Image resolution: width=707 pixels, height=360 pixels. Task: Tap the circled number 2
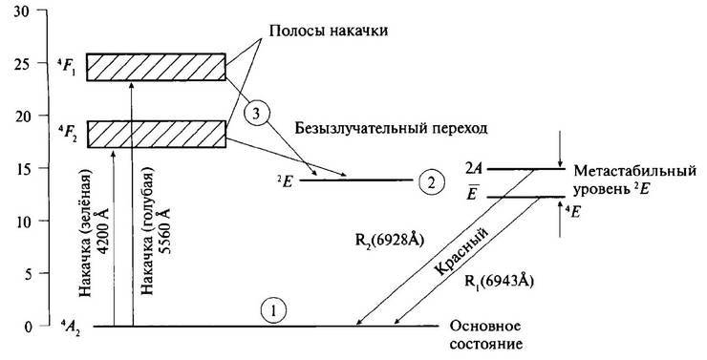(430, 180)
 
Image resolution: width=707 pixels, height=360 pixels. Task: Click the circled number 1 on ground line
(273, 311)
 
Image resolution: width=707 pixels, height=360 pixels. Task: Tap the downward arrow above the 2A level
(561, 153)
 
